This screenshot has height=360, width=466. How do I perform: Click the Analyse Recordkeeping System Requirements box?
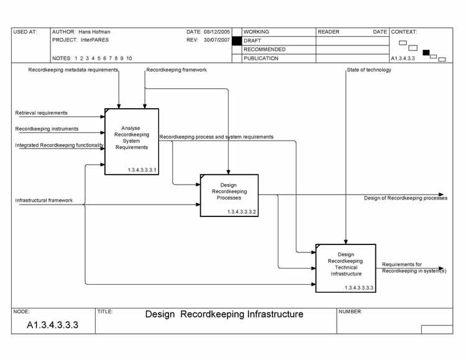(x=132, y=141)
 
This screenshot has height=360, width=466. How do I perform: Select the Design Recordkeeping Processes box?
(x=229, y=195)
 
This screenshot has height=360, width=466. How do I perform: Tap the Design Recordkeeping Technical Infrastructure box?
(x=345, y=267)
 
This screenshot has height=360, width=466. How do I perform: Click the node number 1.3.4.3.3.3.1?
(x=142, y=170)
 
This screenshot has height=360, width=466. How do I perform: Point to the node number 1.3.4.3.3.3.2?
(x=242, y=212)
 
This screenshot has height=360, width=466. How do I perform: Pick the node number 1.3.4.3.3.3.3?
(x=359, y=288)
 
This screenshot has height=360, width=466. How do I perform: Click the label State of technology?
(x=369, y=70)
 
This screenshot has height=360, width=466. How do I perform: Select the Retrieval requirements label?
(x=42, y=113)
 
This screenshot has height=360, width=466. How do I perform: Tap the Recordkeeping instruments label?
(x=47, y=129)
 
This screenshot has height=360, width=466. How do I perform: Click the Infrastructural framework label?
(x=44, y=200)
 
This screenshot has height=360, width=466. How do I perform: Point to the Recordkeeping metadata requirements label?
(x=73, y=70)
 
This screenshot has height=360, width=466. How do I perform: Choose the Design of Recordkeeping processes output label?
(x=405, y=198)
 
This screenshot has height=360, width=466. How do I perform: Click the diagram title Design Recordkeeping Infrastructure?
(x=224, y=315)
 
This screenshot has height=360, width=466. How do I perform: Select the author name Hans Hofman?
(x=94, y=32)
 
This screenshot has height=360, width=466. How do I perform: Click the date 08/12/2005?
(x=217, y=32)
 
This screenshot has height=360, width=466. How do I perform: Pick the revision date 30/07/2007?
(x=217, y=40)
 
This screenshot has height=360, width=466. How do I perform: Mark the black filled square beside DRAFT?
(x=237, y=40)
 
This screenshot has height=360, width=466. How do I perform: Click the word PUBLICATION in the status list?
(x=261, y=58)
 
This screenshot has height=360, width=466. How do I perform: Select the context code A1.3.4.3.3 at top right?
(x=403, y=58)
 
